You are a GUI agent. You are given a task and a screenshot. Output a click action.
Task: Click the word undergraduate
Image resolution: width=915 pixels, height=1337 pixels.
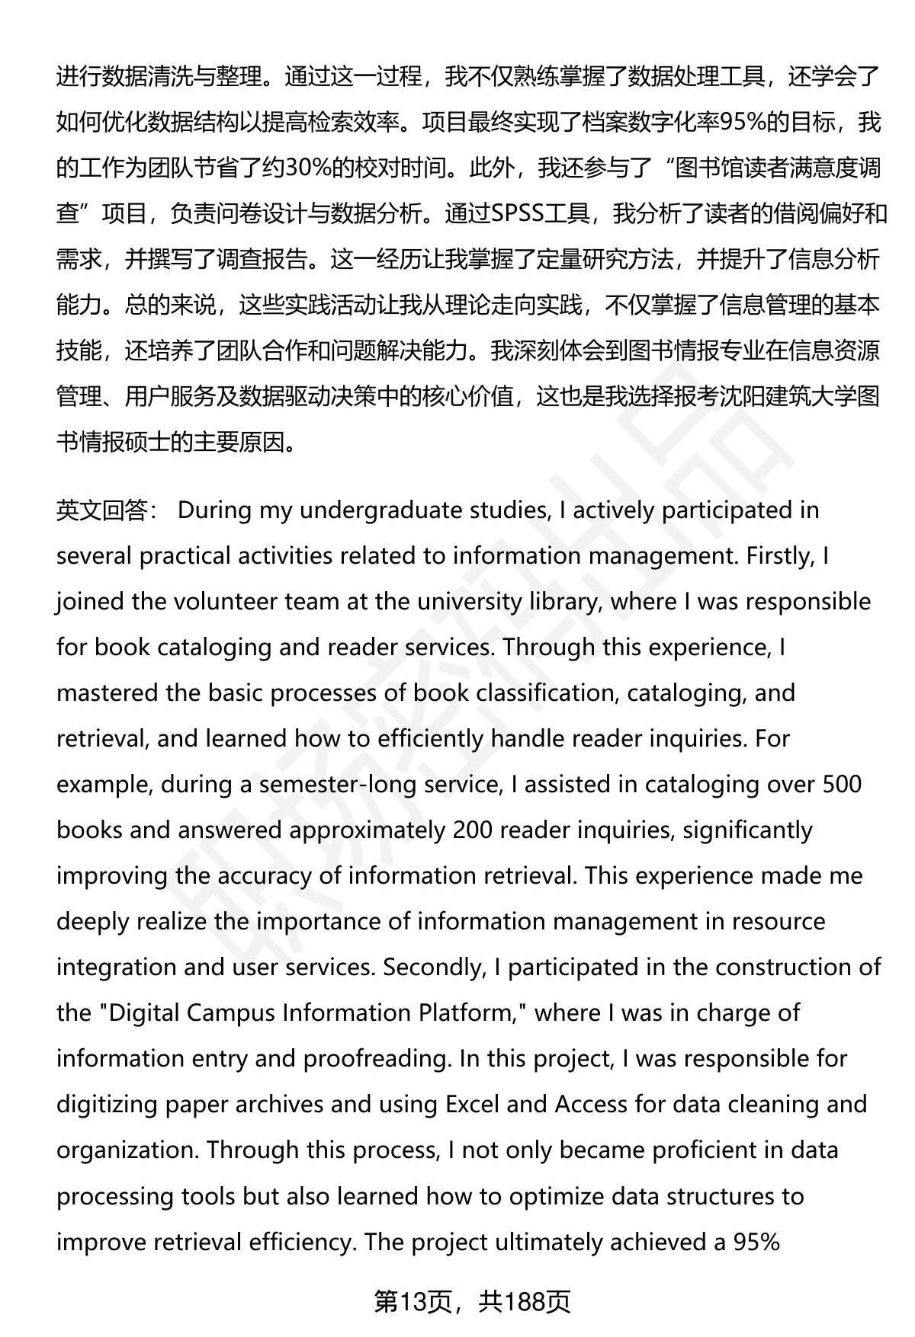(x=422, y=510)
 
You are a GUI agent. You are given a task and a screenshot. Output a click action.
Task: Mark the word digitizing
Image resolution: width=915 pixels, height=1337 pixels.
(x=108, y=1104)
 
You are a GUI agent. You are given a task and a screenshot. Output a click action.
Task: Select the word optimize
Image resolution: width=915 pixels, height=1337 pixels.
(x=575, y=1195)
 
